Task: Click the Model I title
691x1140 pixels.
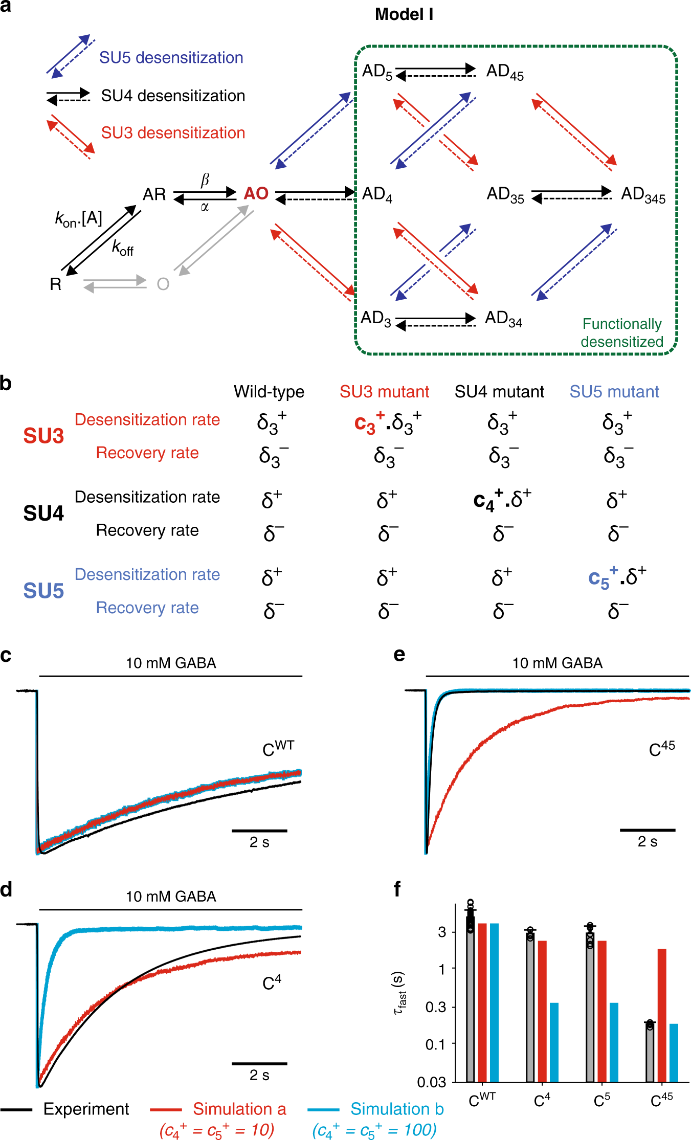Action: click(x=404, y=14)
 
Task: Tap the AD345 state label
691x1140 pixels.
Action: click(x=643, y=195)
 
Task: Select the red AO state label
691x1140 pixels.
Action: click(x=256, y=193)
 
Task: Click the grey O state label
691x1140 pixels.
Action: click(x=163, y=284)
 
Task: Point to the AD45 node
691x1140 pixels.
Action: click(x=504, y=72)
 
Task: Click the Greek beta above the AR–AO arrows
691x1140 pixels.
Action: click(x=205, y=180)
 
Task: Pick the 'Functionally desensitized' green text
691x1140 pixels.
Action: click(x=621, y=333)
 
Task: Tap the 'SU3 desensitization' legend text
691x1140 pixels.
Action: click(x=173, y=133)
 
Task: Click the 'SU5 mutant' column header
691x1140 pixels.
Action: click(x=614, y=392)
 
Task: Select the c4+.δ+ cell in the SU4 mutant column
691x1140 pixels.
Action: click(x=502, y=500)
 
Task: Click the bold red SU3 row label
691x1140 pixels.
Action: click(x=43, y=436)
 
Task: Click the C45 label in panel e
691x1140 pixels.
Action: click(x=661, y=749)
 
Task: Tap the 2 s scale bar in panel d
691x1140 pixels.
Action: click(x=259, y=1064)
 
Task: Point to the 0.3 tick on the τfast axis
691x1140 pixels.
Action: click(x=436, y=1007)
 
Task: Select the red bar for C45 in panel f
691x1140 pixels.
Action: click(x=662, y=1015)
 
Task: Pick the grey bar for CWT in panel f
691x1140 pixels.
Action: click(x=470, y=997)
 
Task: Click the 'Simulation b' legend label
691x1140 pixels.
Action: click(x=397, y=1109)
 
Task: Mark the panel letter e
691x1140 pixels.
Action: click(x=399, y=655)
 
